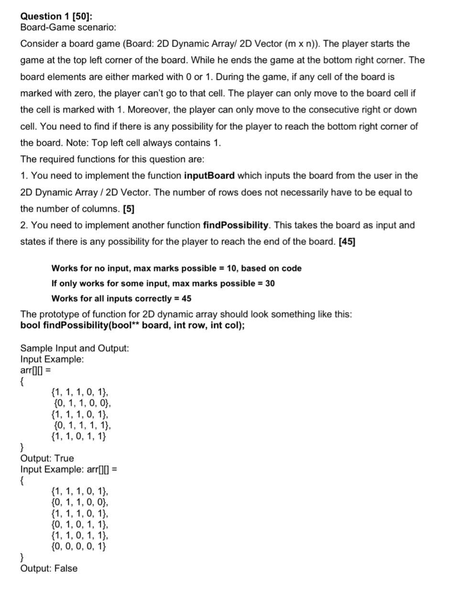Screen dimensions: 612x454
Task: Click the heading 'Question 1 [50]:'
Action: pos(56,16)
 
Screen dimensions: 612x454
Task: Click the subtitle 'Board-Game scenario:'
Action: pos(68,27)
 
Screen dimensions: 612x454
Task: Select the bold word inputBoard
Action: pos(209,175)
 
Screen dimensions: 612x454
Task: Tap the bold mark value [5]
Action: pos(129,209)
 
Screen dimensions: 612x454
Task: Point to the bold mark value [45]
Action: pos(346,241)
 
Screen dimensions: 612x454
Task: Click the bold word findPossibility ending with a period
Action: pos(236,225)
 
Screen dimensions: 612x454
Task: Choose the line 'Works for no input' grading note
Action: pos(176,268)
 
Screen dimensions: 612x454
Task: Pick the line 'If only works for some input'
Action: pos(163,284)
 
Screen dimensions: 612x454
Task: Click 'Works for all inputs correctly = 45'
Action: pos(121,298)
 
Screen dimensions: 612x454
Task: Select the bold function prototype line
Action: pos(132,326)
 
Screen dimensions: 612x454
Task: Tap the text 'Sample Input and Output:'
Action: pos(75,348)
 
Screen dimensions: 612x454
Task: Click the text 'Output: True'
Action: pos(47,459)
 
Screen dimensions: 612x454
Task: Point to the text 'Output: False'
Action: pos(49,568)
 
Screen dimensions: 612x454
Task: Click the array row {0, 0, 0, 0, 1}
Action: pos(78,546)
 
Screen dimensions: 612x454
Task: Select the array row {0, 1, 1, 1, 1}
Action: pos(82,425)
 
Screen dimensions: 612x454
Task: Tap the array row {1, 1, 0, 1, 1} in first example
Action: pos(78,436)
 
